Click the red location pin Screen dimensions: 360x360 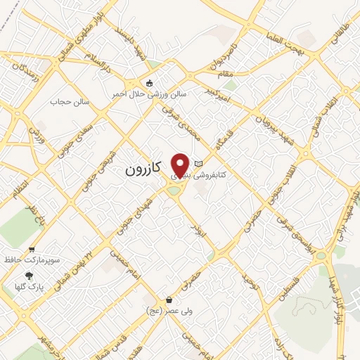pos(181,166)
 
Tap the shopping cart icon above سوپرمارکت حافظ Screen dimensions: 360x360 pos(32,249)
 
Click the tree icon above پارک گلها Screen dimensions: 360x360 pos(28,276)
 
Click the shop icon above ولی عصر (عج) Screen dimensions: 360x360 pos(169,300)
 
